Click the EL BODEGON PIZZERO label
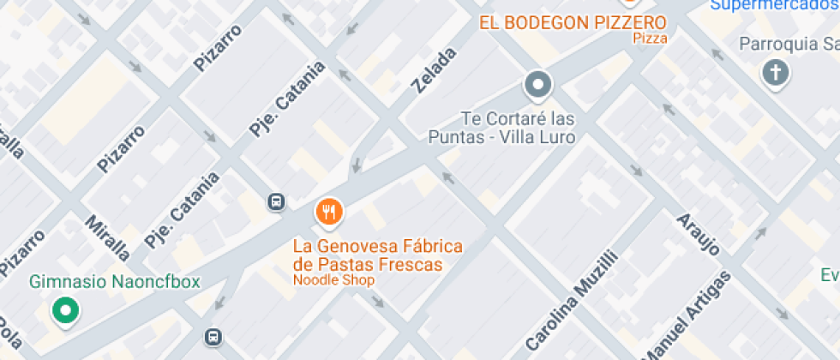pos(573,22)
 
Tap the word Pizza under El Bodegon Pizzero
pos(651,39)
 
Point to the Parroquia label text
pos(789,44)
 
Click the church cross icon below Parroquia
pos(776,74)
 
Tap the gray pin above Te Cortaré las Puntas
pos(538,85)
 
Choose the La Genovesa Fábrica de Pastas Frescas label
pos(378,255)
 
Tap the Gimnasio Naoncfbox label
pos(115,281)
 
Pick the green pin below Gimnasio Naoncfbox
pos(64,310)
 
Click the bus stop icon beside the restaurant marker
pos(277,201)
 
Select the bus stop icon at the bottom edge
pos(213,337)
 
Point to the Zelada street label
pos(434,70)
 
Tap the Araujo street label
pos(698,231)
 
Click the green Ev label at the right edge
pos(829,275)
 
